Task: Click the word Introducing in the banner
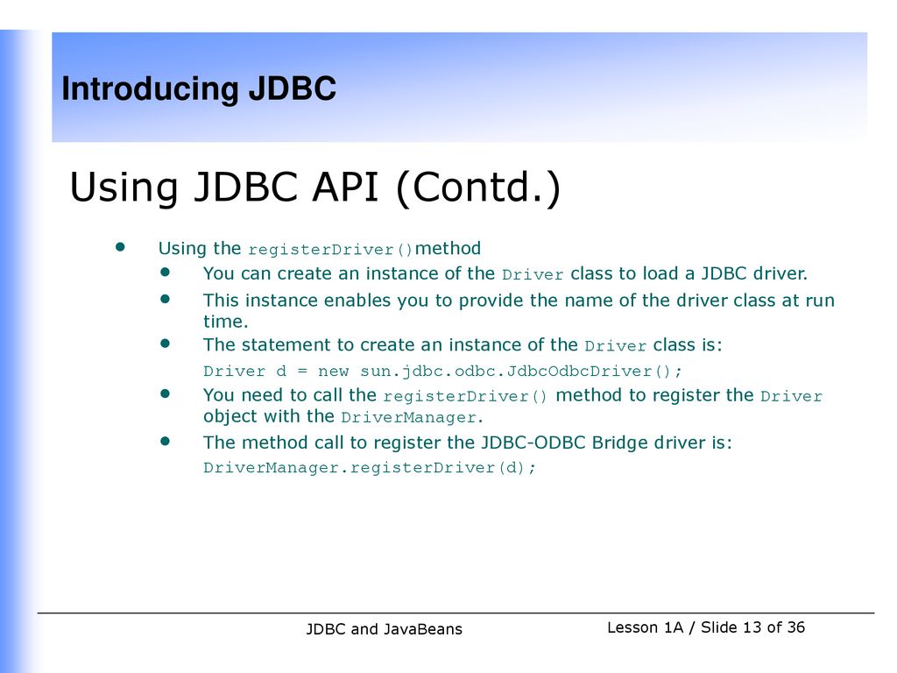[150, 89]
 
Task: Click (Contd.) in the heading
[477, 188]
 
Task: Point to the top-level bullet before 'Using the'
[119, 246]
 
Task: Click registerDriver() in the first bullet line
[330, 250]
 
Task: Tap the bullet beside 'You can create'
[166, 272]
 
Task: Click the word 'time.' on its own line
[225, 322]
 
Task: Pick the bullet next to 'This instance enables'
[166, 299]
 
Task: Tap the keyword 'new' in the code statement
[333, 372]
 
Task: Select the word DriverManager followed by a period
[412, 418]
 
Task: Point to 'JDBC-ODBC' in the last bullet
[533, 443]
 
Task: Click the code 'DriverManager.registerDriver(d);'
[370, 468]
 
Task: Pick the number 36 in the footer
[795, 627]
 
